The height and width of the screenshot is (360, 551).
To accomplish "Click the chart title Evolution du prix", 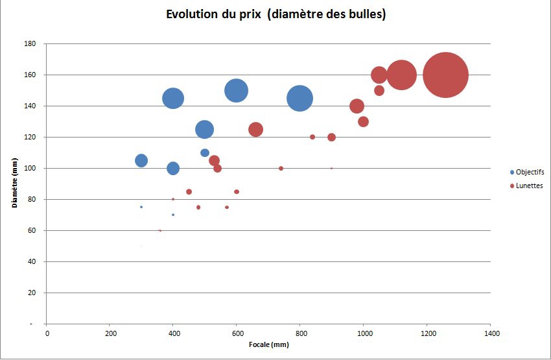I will coord(275,14).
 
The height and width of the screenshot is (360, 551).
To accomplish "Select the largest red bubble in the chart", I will coord(445,75).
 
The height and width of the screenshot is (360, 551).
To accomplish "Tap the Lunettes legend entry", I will coord(526,186).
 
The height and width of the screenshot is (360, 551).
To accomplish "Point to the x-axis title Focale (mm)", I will coord(268,344).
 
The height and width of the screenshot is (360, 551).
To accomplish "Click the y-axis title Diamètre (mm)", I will coord(14,184).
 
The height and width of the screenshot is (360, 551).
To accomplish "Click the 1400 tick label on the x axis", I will coord(490,333).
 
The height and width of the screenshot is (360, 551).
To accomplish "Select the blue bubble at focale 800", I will coord(299,99).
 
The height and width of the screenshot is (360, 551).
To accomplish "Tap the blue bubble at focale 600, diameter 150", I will coord(237,91).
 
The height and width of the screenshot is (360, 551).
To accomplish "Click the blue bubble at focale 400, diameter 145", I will coord(173,99).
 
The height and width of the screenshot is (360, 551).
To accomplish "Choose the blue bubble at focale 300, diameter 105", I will coord(141,160).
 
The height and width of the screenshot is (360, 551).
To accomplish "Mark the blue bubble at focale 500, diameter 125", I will coord(204,129).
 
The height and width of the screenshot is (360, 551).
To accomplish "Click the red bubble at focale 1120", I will coord(401,75).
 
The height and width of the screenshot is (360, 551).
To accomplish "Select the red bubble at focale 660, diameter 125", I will coord(256,129).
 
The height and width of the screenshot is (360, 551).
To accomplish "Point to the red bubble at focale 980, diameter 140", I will coord(357,106).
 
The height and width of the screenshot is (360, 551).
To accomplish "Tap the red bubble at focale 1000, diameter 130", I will coord(363,122).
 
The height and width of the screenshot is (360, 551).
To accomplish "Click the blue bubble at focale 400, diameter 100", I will coord(173,168).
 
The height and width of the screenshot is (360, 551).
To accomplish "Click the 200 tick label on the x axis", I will coord(110,333).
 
